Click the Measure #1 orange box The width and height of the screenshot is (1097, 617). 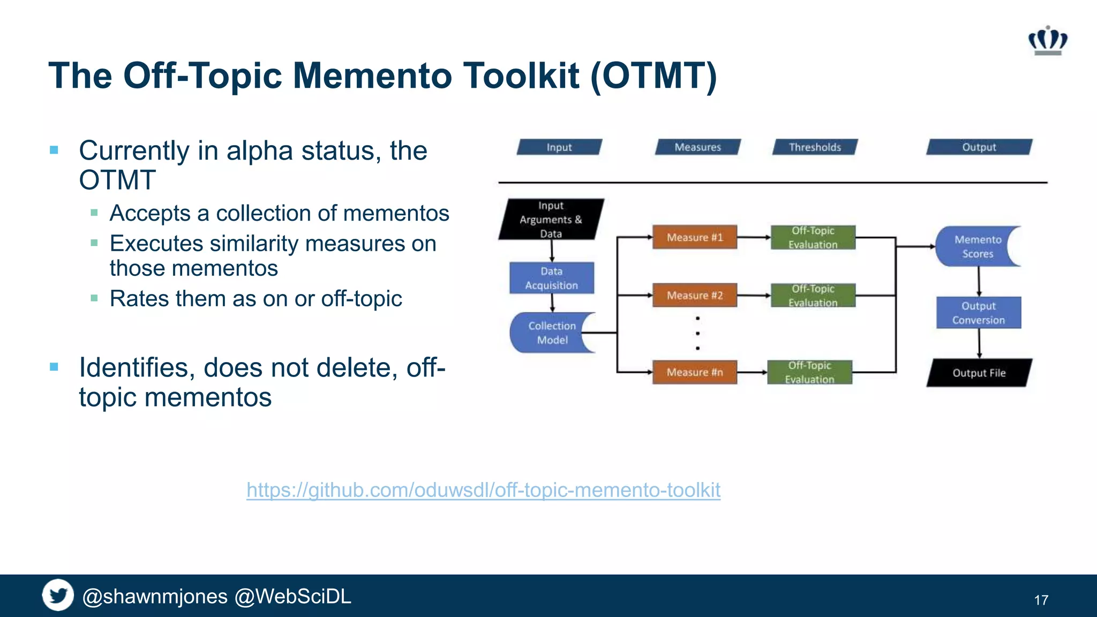(695, 237)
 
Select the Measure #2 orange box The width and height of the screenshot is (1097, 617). (695, 295)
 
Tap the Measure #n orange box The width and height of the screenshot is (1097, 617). (695, 372)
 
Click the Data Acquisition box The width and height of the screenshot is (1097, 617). (552, 278)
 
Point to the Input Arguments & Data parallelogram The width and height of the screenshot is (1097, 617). (551, 220)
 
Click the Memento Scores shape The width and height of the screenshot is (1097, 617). (975, 246)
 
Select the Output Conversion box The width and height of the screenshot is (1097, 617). (979, 313)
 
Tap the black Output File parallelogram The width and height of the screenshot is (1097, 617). (979, 373)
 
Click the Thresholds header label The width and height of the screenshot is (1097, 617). (815, 147)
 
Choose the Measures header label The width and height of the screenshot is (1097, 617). (697, 147)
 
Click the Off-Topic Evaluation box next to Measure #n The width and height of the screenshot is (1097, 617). (809, 372)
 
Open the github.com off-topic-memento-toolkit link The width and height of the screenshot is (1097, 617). (483, 490)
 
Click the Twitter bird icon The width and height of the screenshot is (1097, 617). (58, 595)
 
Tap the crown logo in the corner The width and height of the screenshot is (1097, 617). (1048, 41)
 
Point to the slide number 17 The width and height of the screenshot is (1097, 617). (1041, 600)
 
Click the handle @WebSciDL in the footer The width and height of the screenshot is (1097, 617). (293, 597)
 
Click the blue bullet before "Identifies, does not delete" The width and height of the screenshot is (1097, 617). (54, 367)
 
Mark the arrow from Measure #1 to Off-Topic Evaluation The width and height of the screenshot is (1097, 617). (754, 237)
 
